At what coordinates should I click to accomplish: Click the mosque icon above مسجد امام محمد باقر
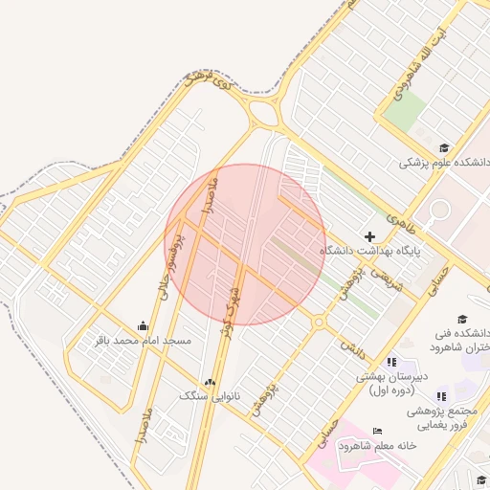144,326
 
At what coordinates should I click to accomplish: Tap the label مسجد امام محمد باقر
144,341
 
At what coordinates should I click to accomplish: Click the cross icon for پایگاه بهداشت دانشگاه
370,235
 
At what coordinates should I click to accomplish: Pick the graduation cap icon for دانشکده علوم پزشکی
443,148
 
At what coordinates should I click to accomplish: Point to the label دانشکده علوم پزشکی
444,163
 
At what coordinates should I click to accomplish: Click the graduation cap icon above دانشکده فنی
462,320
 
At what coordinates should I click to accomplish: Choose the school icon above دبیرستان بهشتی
390,362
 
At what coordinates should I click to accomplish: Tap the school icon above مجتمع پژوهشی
440,396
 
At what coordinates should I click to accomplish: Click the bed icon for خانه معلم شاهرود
376,432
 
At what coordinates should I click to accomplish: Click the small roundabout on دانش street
318,323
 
